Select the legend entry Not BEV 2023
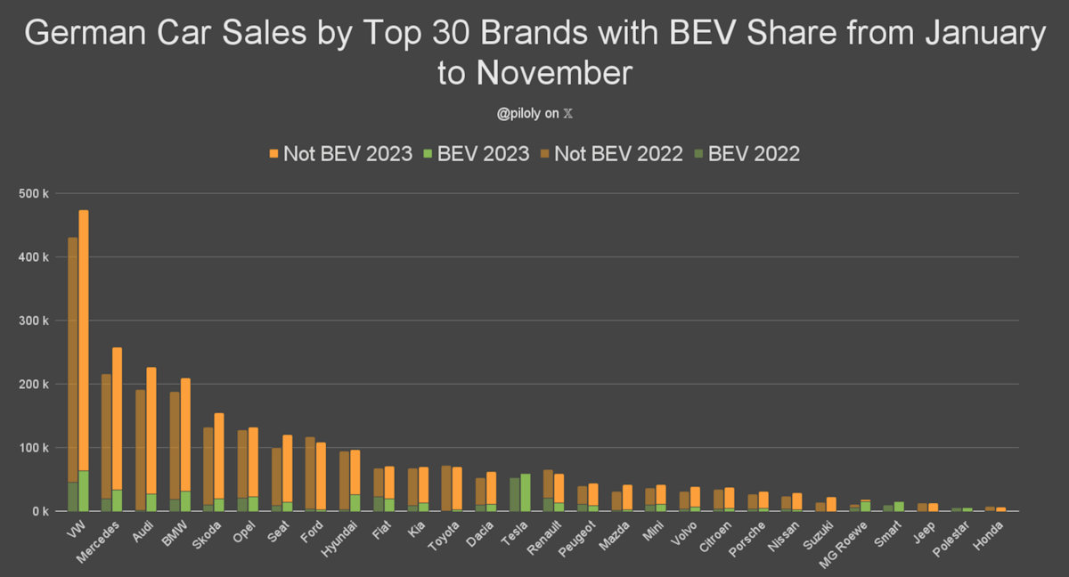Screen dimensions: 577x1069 click(340, 153)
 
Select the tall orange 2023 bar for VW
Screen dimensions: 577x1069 click(84, 338)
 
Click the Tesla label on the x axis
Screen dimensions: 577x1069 click(516, 532)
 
